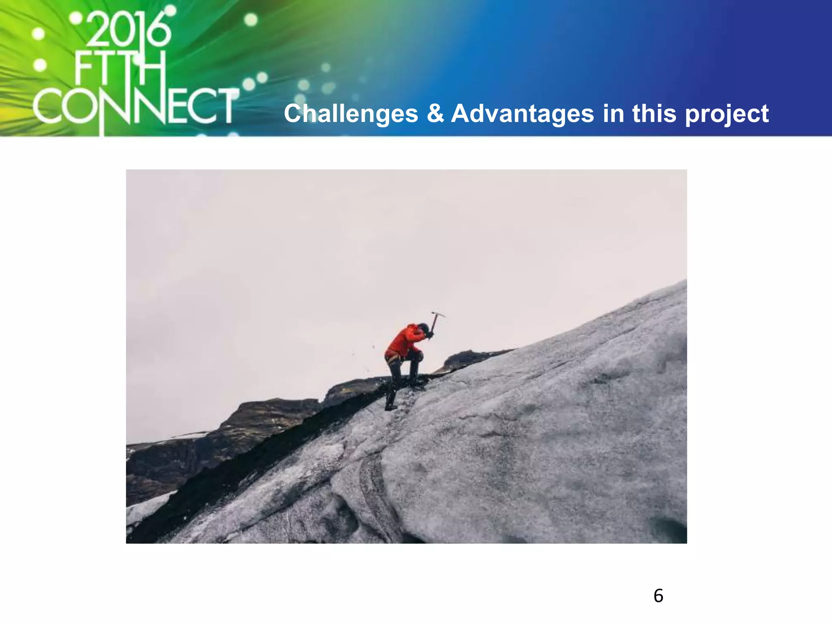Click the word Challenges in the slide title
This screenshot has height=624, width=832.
pos(351,113)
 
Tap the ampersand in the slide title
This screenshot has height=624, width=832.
pos(435,113)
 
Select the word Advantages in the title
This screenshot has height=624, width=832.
pos(522,113)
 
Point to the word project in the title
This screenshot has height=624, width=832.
pos(727,114)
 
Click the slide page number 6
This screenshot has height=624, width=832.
pos(659,596)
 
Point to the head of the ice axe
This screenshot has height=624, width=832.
pos(438,314)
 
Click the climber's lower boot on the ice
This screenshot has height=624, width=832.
pos(390,406)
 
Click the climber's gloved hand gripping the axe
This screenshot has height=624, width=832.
pos(429,334)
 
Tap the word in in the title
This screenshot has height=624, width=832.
pos(613,113)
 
